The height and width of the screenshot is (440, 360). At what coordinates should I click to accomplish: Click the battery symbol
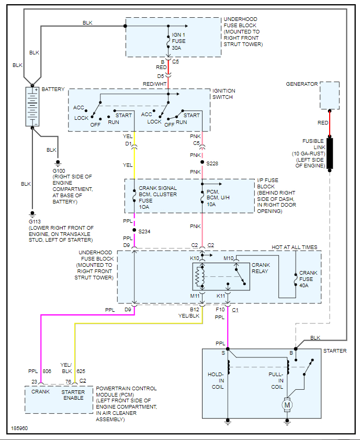pyautogui.click(x=32, y=107)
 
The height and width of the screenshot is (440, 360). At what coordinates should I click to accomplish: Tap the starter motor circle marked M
pyautogui.click(x=287, y=405)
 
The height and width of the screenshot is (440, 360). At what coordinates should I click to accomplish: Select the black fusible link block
pyautogui.click(x=330, y=153)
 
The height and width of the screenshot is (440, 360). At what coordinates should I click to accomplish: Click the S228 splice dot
pyautogui.click(x=203, y=162)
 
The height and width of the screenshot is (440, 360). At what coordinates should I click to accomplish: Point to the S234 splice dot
pyautogui.click(x=134, y=230)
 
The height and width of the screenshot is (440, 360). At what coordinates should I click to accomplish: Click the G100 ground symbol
pyautogui.click(x=58, y=163)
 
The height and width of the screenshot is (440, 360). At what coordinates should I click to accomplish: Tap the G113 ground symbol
pyautogui.click(x=32, y=214)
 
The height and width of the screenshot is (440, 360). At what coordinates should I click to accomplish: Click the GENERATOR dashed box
pyautogui.click(x=330, y=95)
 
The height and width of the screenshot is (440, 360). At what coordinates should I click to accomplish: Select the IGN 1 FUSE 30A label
pyautogui.click(x=179, y=41)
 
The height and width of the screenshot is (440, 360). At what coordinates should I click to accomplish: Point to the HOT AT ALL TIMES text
pyautogui.click(x=295, y=247)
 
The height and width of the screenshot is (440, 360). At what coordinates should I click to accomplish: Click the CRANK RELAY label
pyautogui.click(x=261, y=268)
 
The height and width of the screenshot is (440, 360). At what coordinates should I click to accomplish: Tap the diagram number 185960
pyautogui.click(x=19, y=428)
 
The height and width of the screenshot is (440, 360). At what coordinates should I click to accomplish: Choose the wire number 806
pyautogui.click(x=47, y=371)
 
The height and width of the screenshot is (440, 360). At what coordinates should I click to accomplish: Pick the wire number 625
pyautogui.click(x=81, y=371)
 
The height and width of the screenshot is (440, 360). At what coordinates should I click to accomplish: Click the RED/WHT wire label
pyautogui.click(x=154, y=84)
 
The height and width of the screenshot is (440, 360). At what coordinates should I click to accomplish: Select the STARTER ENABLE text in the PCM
pyautogui.click(x=73, y=395)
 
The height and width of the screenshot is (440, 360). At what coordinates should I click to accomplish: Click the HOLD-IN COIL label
pyautogui.click(x=216, y=380)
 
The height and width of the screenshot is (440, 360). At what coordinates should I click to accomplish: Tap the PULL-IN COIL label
pyautogui.click(x=276, y=380)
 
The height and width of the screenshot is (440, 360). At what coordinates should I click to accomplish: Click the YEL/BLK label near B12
pyautogui.click(x=189, y=315)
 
